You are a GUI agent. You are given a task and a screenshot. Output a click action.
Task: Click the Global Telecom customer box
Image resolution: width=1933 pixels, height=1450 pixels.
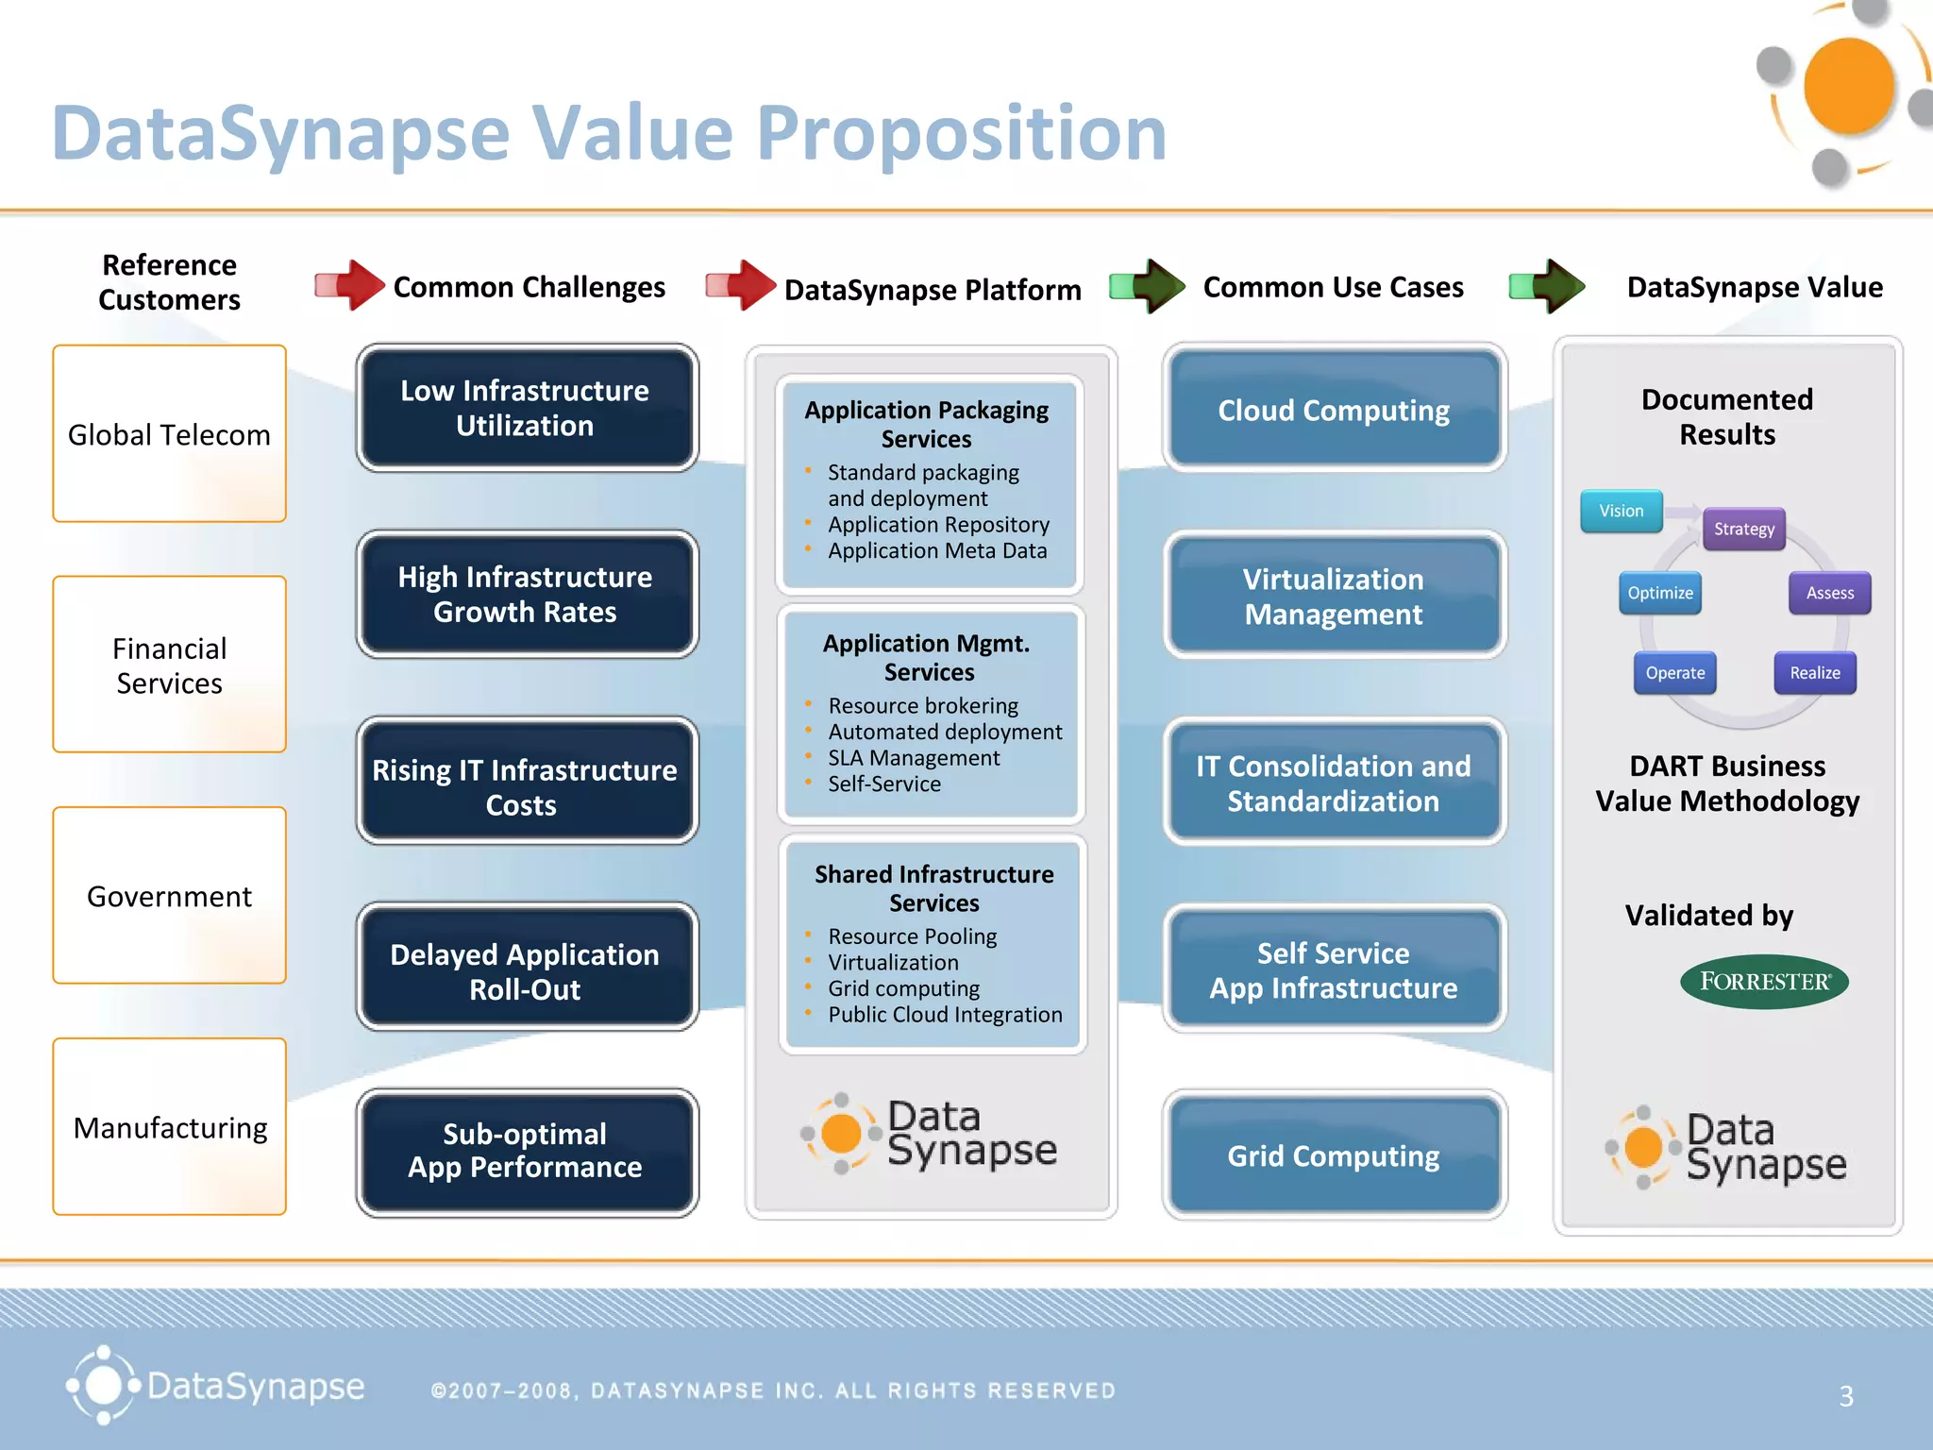click(x=169, y=433)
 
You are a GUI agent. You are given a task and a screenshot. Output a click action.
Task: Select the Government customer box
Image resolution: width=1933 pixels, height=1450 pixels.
click(x=169, y=895)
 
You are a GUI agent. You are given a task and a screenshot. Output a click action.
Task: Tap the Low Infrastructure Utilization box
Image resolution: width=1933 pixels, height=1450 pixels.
click(x=526, y=408)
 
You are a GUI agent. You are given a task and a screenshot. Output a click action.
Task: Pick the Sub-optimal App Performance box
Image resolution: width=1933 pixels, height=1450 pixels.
click(x=526, y=1151)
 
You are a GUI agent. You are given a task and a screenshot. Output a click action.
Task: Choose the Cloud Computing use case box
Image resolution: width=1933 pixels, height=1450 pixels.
click(x=1333, y=410)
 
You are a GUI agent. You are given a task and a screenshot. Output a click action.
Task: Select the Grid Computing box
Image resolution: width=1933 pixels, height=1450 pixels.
click(x=1333, y=1155)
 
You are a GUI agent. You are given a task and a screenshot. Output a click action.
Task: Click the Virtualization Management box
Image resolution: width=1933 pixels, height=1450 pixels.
click(x=1333, y=596)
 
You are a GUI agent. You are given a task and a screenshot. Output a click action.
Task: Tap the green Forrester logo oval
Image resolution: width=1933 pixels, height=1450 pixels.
click(x=1763, y=982)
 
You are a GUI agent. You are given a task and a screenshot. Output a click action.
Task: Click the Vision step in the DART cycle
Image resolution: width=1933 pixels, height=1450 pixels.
click(x=1621, y=511)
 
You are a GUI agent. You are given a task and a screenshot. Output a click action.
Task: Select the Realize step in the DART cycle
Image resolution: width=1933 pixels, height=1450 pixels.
click(x=1814, y=673)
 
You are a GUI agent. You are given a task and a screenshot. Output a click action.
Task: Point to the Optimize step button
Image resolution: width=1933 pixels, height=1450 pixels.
click(x=1659, y=593)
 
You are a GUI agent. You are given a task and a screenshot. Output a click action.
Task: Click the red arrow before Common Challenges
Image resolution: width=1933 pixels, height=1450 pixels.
click(x=350, y=285)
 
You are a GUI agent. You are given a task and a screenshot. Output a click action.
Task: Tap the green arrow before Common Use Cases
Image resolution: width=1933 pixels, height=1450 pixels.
click(x=1148, y=285)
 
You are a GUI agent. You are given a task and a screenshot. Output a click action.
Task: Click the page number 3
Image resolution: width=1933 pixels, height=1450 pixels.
click(x=1845, y=1396)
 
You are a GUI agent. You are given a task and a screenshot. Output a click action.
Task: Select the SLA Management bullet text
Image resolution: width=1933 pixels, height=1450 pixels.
click(x=913, y=758)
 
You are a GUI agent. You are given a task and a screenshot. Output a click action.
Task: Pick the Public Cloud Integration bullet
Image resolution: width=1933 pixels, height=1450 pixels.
click(x=944, y=1015)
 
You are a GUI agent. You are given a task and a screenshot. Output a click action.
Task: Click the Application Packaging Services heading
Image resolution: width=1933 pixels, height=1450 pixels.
click(x=926, y=424)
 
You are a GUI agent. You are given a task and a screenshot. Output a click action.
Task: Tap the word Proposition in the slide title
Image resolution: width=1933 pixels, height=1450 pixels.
click(x=961, y=133)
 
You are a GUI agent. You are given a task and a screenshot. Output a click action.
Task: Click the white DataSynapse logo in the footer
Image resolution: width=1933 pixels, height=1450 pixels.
click(x=215, y=1386)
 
